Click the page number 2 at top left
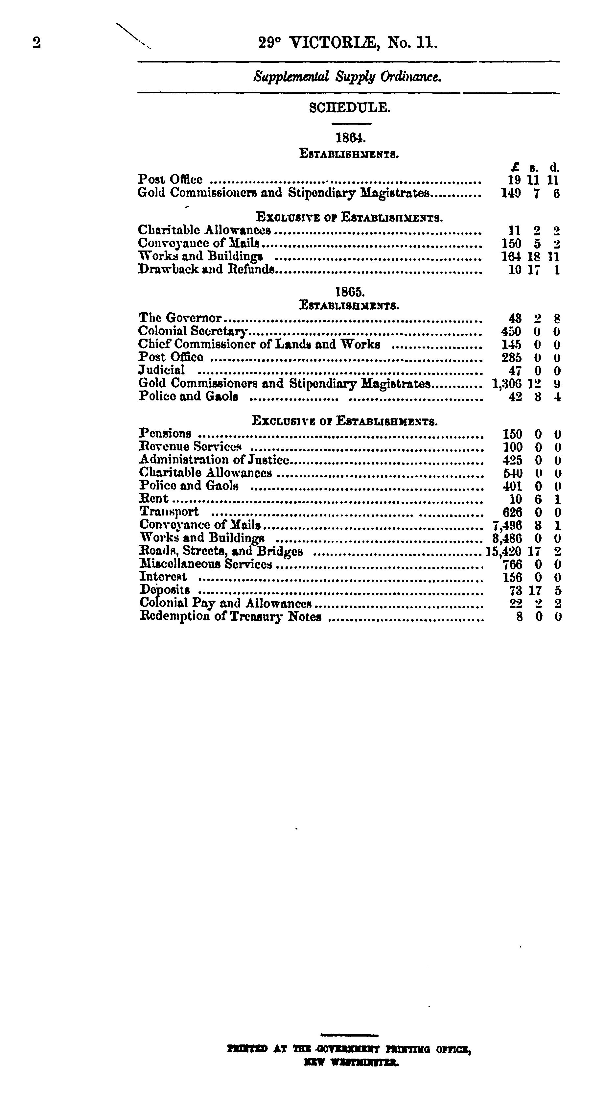click(x=36, y=43)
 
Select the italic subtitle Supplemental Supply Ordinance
click(x=347, y=77)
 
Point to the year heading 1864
click(x=350, y=138)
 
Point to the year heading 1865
click(x=350, y=292)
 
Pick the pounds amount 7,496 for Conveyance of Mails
click(x=507, y=525)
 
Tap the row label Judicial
click(x=161, y=370)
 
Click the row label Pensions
click(x=165, y=434)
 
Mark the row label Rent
click(x=154, y=499)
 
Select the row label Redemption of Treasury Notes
click(x=230, y=617)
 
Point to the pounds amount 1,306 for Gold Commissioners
click(x=507, y=384)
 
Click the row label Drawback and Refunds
click(x=205, y=269)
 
